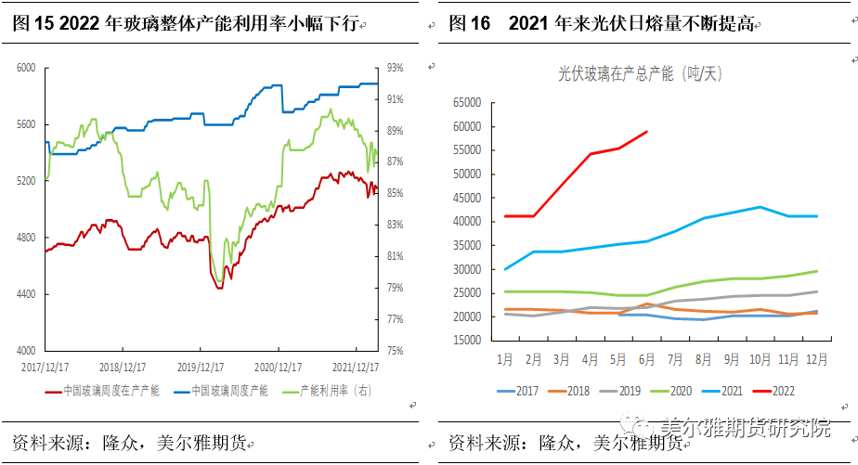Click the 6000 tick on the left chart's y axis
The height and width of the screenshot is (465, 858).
tap(25, 68)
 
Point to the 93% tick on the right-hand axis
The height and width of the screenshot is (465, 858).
tap(395, 68)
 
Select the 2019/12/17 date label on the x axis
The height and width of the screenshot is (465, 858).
tap(201, 367)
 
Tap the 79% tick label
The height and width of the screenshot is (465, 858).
tap(395, 288)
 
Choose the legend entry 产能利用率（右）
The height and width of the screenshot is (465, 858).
tap(335, 391)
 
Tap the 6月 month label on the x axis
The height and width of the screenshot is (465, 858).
tap(646, 359)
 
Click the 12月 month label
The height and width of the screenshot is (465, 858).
tap(816, 359)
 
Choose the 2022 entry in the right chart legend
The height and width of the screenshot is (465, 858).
tap(774, 392)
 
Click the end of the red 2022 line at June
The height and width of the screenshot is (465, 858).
tap(647, 132)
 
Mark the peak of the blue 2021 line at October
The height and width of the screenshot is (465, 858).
tap(760, 207)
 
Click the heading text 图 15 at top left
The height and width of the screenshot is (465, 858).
tap(32, 24)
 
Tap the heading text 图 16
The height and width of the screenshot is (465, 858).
tap(469, 24)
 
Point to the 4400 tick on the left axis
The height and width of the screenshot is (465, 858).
tap(25, 294)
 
